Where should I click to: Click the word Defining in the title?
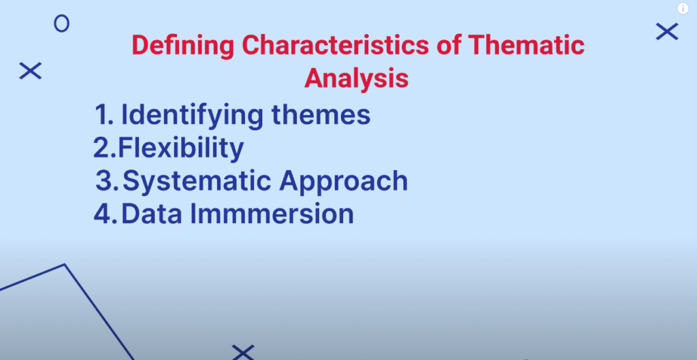(x=183, y=46)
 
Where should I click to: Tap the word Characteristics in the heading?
(x=336, y=45)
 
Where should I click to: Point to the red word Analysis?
(x=357, y=79)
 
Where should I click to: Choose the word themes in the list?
(x=321, y=114)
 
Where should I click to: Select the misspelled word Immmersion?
(x=272, y=214)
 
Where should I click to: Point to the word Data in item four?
(x=152, y=214)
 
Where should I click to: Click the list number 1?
(x=103, y=114)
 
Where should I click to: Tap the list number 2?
(x=105, y=148)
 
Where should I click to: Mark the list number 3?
(x=107, y=180)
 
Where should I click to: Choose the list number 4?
(x=106, y=214)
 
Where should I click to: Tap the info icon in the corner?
(x=683, y=8)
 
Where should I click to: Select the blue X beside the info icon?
(x=667, y=31)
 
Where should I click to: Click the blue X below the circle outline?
(x=30, y=71)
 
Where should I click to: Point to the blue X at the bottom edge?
(x=243, y=353)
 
